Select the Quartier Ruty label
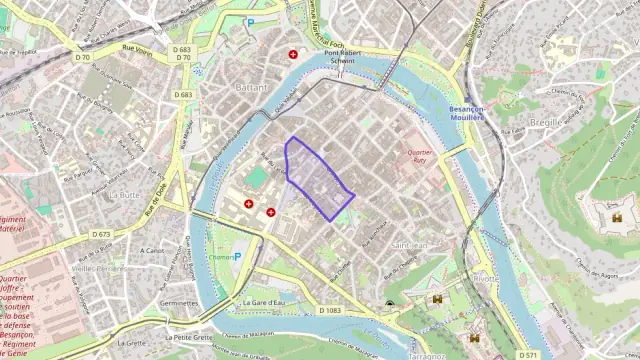420,157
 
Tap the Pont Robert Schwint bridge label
342,55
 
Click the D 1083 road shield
330,311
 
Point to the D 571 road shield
529,354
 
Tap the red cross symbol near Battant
293,54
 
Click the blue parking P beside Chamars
237,257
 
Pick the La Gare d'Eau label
265,301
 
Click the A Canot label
152,250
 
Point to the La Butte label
125,194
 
